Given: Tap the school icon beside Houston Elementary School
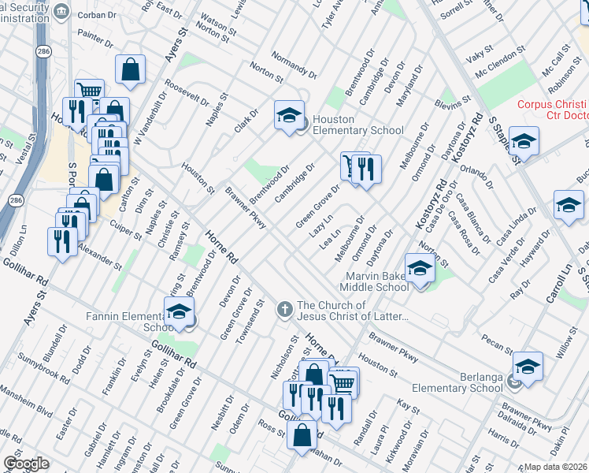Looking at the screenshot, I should coord(289,115).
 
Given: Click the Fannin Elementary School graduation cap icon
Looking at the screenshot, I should coord(179,312).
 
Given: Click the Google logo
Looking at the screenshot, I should coord(26,464).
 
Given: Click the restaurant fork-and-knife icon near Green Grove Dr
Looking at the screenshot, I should coord(366,169).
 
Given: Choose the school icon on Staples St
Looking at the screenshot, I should coord(524,141).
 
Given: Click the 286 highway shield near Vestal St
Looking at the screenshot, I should coord(41,50).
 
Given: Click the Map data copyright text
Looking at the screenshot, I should coord(555,467).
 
